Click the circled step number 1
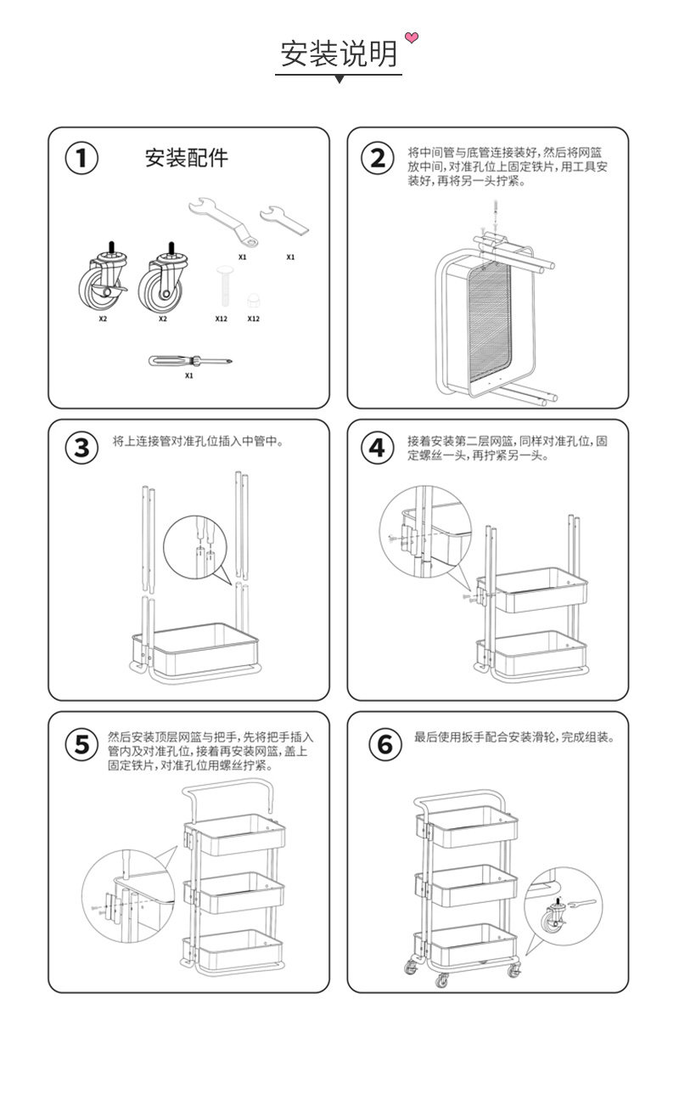[81, 158]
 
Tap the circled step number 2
[378, 158]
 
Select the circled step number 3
[81, 448]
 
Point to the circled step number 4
[378, 448]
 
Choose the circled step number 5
[81, 745]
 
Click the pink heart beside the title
[412, 37]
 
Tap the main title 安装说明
[339, 54]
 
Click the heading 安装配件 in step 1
[186, 158]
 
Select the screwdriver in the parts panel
[189, 360]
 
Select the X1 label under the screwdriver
[189, 375]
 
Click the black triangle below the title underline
[339, 79]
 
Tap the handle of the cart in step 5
[228, 789]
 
